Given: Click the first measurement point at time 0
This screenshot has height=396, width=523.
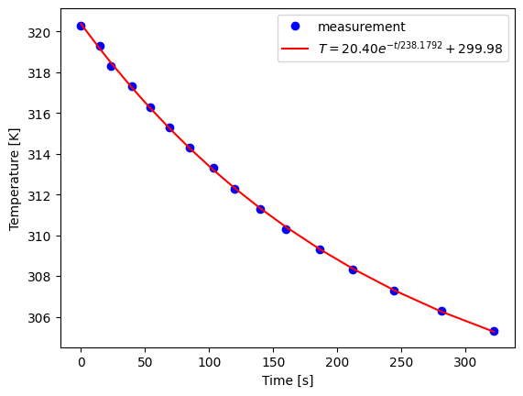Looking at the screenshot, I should point(81,26).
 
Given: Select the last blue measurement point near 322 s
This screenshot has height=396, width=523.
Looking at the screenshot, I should point(494,331).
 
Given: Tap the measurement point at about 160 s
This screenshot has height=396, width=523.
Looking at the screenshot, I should point(286,229).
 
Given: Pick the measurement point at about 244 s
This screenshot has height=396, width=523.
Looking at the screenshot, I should point(394,291).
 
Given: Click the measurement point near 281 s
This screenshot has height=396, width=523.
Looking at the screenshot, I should point(441,311).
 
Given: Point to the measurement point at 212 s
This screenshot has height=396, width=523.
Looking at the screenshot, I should point(353,269).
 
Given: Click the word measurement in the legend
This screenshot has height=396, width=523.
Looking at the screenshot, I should point(361,27).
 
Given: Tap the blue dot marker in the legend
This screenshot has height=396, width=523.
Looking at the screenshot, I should point(298,27).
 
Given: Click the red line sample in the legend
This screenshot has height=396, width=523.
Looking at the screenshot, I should point(298,49).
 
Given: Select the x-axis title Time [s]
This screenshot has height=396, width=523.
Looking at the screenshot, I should point(287,380).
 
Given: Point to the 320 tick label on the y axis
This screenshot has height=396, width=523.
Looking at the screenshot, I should point(40,32).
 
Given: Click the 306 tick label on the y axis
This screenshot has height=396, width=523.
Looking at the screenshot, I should point(40,317).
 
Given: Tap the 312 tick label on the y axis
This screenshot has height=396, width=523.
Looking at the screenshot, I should point(40,195).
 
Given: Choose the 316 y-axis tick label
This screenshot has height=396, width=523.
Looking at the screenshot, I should point(40,114).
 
